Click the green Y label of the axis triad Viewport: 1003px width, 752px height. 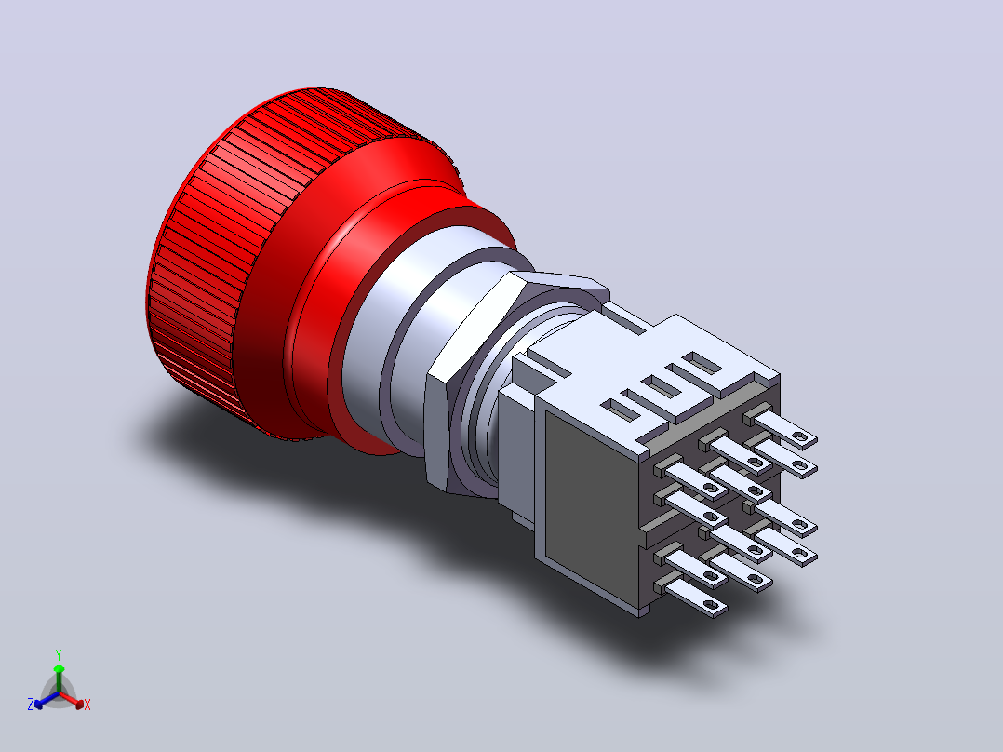click(x=59, y=654)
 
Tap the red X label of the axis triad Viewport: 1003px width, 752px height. click(x=87, y=705)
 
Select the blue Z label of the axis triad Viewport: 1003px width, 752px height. click(x=30, y=705)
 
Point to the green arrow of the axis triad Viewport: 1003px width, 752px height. click(x=59, y=678)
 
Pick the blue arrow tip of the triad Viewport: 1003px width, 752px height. click(x=38, y=704)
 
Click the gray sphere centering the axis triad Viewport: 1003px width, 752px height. click(x=59, y=693)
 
